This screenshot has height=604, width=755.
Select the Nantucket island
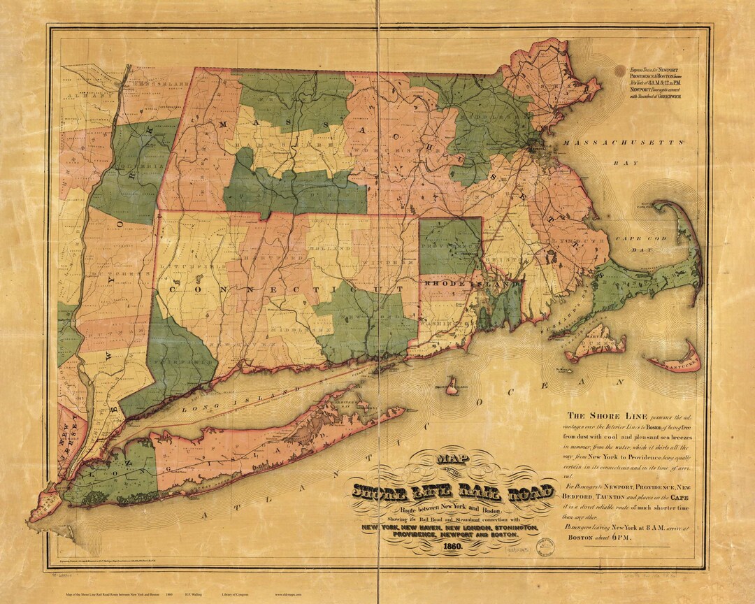(x=676, y=363)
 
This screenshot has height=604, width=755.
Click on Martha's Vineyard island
(x=595, y=343)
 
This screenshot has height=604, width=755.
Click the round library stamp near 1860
(x=547, y=546)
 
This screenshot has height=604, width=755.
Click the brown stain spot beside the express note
(x=620, y=71)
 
